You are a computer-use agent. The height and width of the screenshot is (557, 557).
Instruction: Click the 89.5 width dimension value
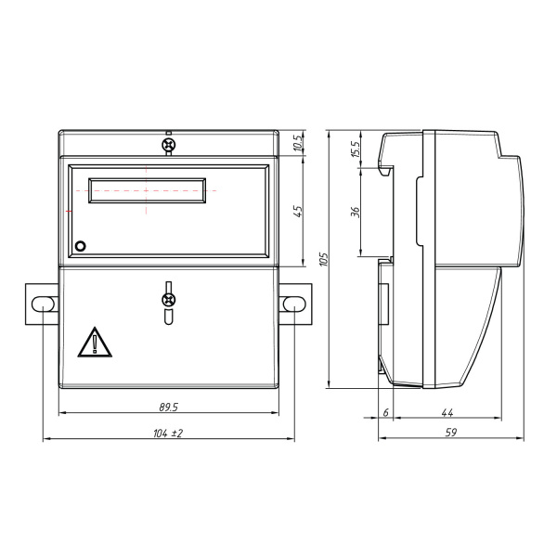pos(168,408)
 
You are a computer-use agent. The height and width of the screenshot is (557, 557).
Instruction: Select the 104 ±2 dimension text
pos(168,434)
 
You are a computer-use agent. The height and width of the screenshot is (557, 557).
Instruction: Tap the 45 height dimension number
pos(298,212)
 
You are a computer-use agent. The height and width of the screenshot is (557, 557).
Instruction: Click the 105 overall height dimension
pos(323,259)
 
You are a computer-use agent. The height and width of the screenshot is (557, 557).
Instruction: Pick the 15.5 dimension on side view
pos(356,149)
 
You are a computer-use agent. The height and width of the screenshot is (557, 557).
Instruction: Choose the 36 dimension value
pos(356,212)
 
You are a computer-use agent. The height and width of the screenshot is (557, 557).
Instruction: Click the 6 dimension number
pos(386,412)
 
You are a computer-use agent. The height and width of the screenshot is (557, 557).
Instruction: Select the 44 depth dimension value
pos(447,412)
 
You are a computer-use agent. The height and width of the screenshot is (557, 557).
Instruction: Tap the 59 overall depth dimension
pos(451,433)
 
